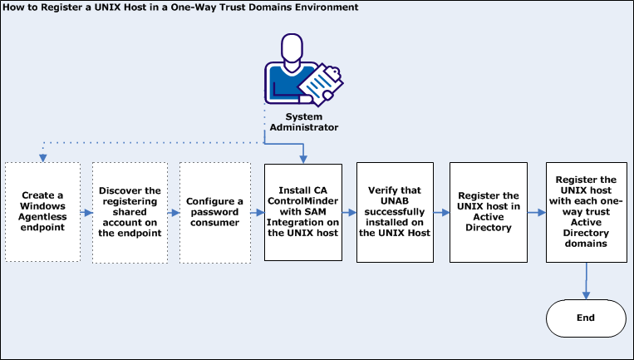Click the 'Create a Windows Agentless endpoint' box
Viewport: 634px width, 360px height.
[42, 212]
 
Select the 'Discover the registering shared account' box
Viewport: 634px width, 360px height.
[129, 212]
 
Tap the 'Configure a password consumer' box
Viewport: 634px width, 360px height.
[214, 212]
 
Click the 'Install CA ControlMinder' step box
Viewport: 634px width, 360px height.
[302, 212]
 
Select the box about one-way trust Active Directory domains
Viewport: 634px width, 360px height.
[586, 212]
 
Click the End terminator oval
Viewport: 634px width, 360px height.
[586, 318]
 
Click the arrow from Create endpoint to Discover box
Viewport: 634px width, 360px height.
[86, 212]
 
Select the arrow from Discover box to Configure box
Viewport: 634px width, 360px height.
[173, 212]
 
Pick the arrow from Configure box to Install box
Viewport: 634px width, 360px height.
[257, 212]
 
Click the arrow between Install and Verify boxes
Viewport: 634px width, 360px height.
[348, 212]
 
